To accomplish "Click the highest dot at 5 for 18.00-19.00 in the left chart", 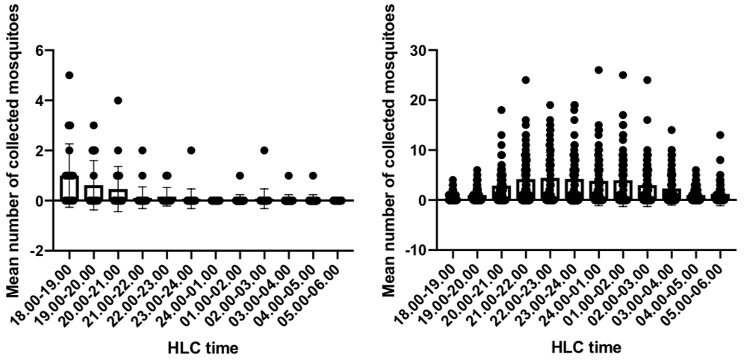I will pos(69,75).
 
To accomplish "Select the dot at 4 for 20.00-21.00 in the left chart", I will pos(117,100).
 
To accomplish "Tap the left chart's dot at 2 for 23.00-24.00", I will pos(191,150).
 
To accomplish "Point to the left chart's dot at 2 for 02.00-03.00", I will pos(264,150).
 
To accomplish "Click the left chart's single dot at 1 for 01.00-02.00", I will pos(240,176).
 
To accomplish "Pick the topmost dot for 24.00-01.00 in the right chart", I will pos(598,70).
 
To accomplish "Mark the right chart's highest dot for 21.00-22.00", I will pos(525,80).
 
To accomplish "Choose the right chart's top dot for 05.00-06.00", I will pos(719,135).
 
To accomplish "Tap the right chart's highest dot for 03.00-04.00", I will pos(671,130).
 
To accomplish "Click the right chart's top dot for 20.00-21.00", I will pos(501,110).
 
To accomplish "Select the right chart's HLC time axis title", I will pos(586,348).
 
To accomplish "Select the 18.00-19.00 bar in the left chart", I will pos(69,187).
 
